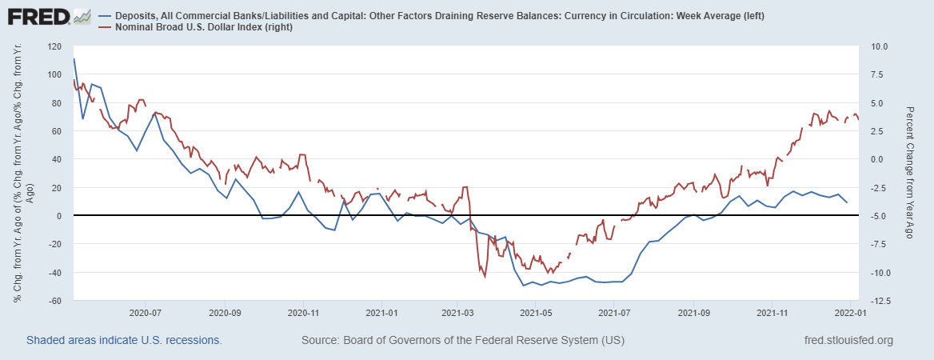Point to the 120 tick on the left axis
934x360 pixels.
pos(55,46)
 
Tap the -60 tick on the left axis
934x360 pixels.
pos(55,301)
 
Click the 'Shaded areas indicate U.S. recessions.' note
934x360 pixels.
pos(124,341)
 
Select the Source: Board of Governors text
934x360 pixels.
pos(462,341)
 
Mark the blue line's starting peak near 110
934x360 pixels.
pos(74,58)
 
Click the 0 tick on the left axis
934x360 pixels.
pos(59,216)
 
